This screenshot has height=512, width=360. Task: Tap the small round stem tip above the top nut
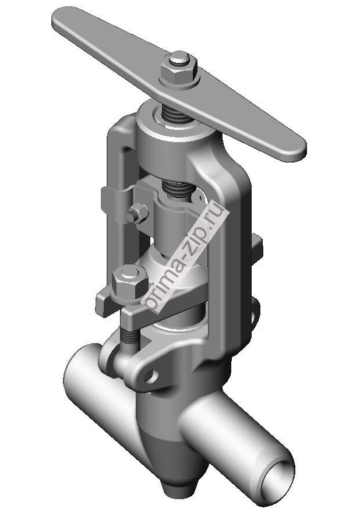click(x=179, y=58)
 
